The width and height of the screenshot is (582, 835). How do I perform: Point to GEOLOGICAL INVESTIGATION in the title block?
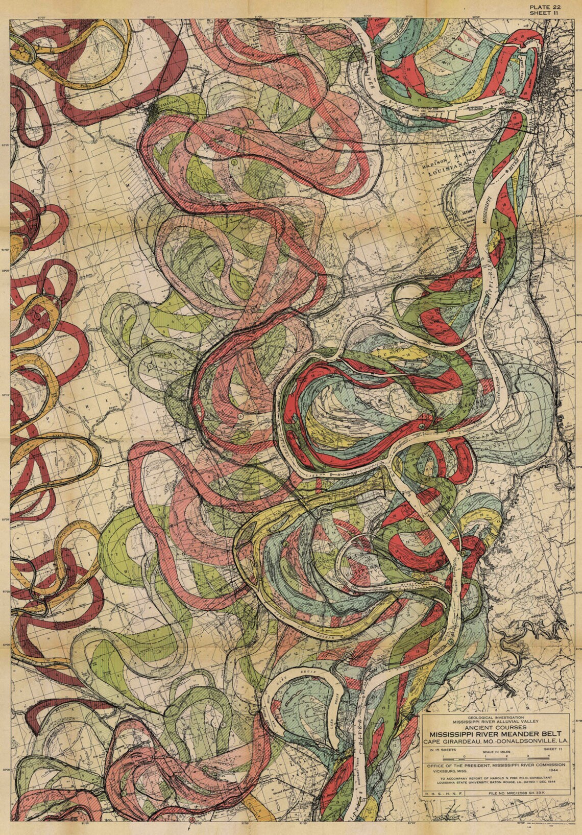tap(493, 718)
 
